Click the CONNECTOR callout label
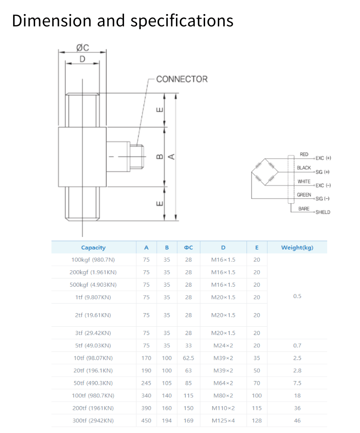pos(181,79)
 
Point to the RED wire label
pos(304,155)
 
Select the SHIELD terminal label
pos(323,212)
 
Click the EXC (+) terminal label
pos(323,158)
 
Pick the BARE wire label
pos(304,209)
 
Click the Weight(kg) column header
pos(297,247)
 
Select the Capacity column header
pos(93,247)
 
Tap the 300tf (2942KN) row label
pos(93,421)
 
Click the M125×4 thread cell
pos(223,421)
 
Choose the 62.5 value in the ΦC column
pos(188,358)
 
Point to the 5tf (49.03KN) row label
pos(93,345)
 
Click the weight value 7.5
pos(297,383)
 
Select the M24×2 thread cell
pos(223,345)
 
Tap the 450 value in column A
pos(146,421)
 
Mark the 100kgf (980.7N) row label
pos(93,260)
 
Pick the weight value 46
pos(297,421)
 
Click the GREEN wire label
pos(304,195)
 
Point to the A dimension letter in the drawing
pos(171,156)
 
